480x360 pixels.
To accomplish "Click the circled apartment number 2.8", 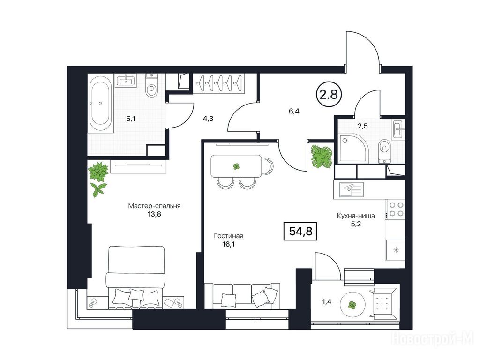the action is (329, 94).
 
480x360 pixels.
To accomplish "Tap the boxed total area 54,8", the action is (300, 231).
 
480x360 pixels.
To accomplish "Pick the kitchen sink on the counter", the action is (352, 189).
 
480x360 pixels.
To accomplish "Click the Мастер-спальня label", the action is (154, 206).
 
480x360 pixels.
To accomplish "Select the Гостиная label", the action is (228, 236).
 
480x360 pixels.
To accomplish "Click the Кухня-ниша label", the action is (356, 216).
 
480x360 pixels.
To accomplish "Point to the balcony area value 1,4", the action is (327, 302).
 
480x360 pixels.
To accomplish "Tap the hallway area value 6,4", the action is (294, 111).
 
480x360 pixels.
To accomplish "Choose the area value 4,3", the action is (208, 119).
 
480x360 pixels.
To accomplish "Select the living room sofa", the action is (242, 295).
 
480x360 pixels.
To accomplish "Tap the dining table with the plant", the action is (236, 166).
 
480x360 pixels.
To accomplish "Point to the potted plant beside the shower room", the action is (322, 156).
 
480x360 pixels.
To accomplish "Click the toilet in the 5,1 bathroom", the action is (151, 87).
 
